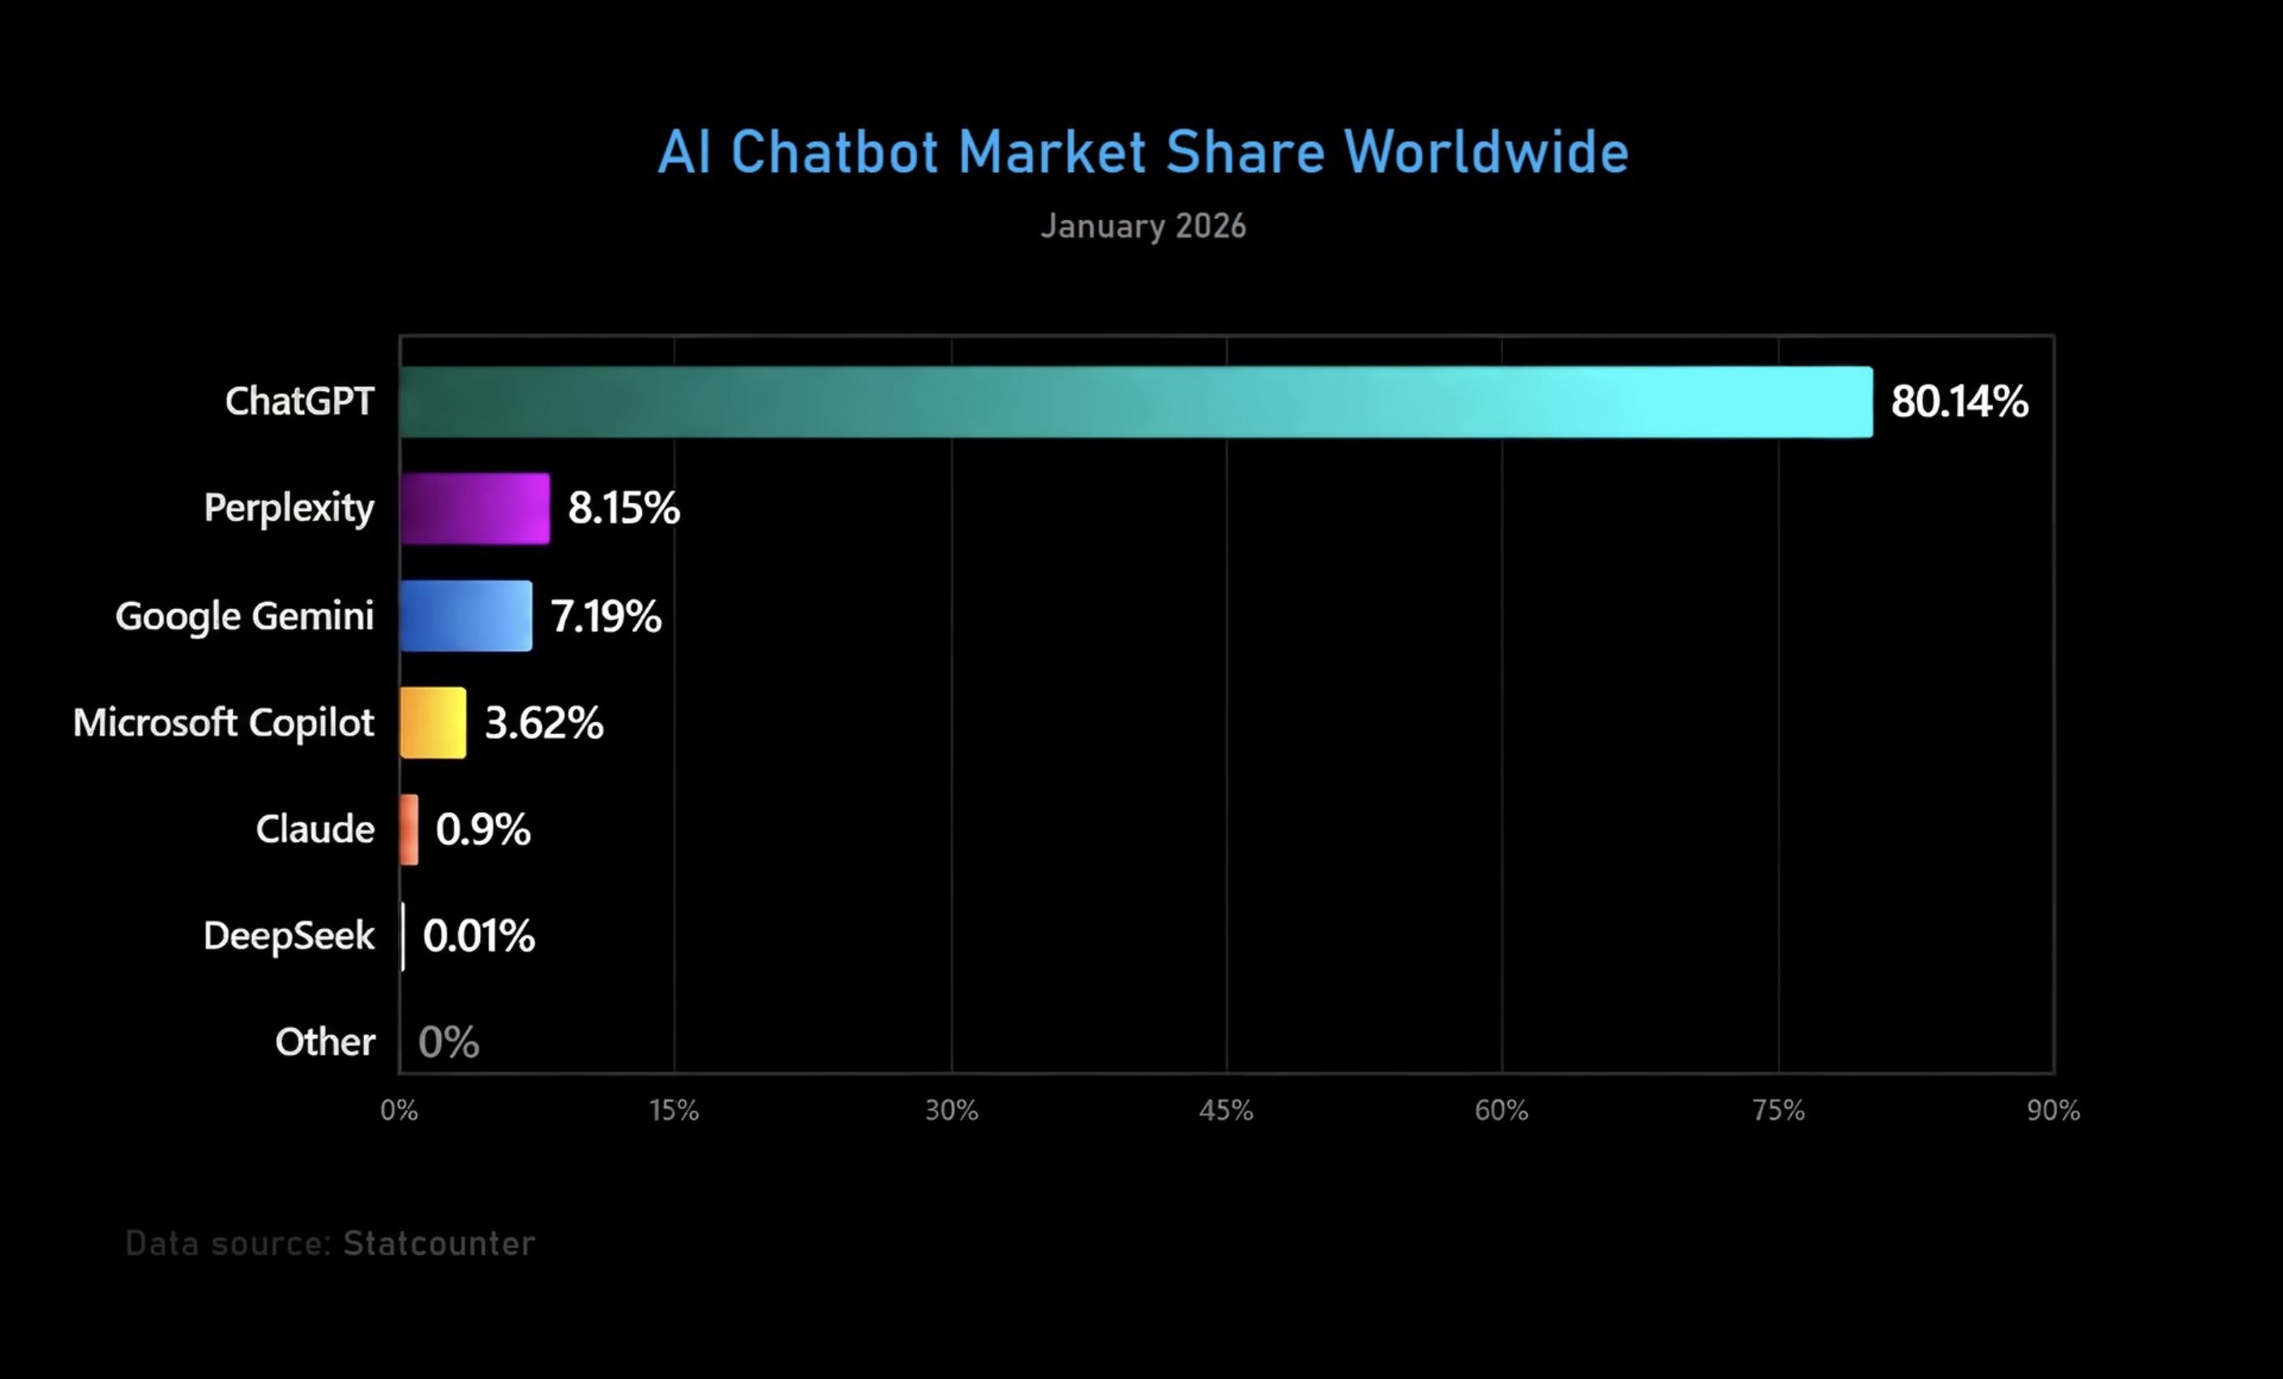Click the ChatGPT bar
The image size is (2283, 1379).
pos(1136,402)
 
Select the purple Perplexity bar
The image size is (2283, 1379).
pos(474,509)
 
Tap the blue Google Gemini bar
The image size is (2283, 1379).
pos(466,616)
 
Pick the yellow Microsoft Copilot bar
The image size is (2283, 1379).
pos(433,723)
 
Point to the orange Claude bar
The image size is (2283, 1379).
pos(409,830)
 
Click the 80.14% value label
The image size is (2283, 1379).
pos(1959,402)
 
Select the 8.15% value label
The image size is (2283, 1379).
pos(623,509)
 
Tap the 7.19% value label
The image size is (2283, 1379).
pos(606,616)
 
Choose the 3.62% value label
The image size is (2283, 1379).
pos(544,723)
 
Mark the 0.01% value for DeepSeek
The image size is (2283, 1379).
pos(478,936)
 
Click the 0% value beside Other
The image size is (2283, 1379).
pos(448,1042)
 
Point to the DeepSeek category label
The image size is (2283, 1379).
pos(289,936)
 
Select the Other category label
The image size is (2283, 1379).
pos(325,1042)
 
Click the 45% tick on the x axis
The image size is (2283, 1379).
pos(1226,1111)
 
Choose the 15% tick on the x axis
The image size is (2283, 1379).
pos(674,1111)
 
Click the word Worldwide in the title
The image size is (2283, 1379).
pos(1485,152)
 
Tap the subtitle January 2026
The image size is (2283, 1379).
pos(1142,226)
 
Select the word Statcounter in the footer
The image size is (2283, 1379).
pos(439,1244)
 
